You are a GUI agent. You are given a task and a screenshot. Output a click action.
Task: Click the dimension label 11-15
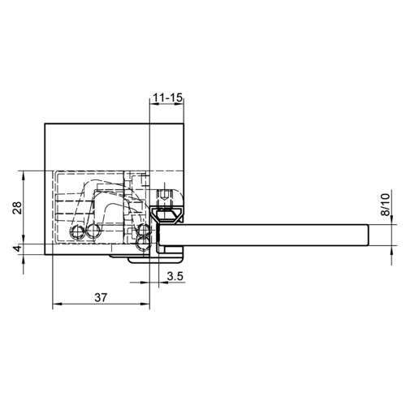[168, 97]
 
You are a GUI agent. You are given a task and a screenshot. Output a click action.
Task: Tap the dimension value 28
[18, 208]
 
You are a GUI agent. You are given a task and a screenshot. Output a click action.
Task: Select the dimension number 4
[18, 248]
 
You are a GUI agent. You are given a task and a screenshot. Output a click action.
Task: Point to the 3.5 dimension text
[175, 276]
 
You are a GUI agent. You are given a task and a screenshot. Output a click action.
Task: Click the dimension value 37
[101, 297]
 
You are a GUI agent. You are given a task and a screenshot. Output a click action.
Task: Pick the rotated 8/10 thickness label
[386, 205]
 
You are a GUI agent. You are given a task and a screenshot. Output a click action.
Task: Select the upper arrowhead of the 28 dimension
[24, 176]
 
